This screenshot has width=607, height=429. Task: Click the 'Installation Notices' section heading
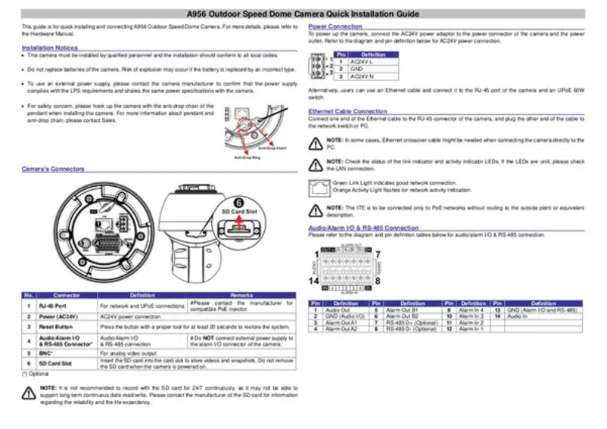click(50, 48)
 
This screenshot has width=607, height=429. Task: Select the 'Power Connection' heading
click(335, 26)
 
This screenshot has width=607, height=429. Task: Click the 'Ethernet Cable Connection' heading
click(348, 111)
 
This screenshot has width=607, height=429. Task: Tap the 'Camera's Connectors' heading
click(53, 169)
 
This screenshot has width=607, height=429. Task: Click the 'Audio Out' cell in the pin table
click(338, 310)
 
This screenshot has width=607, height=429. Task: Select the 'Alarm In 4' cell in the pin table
click(472, 310)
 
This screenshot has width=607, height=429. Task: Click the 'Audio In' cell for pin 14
click(518, 316)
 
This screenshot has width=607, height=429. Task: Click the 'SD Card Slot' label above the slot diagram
click(238, 213)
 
